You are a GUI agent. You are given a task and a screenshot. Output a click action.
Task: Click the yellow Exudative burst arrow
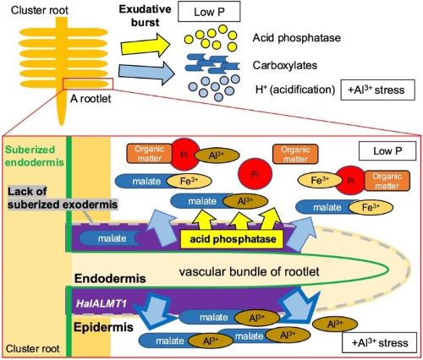tap(145, 45)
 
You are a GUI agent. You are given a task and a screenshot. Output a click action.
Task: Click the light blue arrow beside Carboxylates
tap(146, 73)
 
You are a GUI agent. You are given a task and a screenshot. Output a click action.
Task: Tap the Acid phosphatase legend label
tap(297, 38)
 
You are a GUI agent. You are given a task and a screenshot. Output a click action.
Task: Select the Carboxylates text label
tap(285, 65)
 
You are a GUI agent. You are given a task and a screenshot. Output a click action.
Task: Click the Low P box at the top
tap(209, 12)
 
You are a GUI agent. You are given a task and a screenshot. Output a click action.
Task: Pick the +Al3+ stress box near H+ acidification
tap(378, 90)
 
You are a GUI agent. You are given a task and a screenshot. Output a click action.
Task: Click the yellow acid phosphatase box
tap(232, 239)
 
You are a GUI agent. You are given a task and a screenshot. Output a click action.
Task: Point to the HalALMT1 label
tap(102, 303)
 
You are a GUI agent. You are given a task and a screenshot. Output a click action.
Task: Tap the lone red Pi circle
tap(255, 174)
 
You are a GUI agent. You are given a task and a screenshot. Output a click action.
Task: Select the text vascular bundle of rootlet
tap(250, 272)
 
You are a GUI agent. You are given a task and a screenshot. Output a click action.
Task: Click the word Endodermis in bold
tap(110, 279)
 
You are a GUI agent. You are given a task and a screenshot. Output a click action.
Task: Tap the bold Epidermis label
tap(103, 327)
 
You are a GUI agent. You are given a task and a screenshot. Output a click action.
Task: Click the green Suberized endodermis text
tap(35, 155)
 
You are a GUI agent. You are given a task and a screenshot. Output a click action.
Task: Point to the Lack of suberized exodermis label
tap(63, 198)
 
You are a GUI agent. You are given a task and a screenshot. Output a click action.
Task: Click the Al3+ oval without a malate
tap(335, 325)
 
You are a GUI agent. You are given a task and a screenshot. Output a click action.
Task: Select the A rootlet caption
tap(91, 99)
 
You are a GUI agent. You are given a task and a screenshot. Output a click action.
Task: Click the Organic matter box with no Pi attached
tap(295, 154)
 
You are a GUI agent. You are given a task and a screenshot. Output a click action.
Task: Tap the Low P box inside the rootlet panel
tap(387, 151)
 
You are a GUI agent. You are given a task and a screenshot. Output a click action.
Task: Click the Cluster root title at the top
tap(40, 10)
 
